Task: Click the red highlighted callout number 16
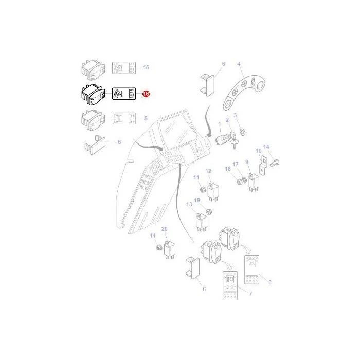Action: point(146,94)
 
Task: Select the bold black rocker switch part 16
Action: point(93,95)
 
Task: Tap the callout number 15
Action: point(146,67)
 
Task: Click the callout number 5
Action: point(146,118)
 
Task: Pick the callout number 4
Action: point(239,64)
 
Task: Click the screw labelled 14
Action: point(274,163)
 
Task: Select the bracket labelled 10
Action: point(263,166)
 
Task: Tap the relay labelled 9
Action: point(253,182)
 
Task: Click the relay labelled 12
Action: point(213,191)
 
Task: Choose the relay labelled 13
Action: point(202,222)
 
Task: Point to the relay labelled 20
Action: point(170,249)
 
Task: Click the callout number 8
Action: point(270,282)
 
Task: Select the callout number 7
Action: point(250,294)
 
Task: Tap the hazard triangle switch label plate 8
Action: point(251,269)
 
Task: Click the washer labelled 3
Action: point(242,132)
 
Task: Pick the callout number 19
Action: point(197,200)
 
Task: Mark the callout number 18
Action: point(227,169)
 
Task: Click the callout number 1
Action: point(219,124)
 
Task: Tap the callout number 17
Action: point(236,164)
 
